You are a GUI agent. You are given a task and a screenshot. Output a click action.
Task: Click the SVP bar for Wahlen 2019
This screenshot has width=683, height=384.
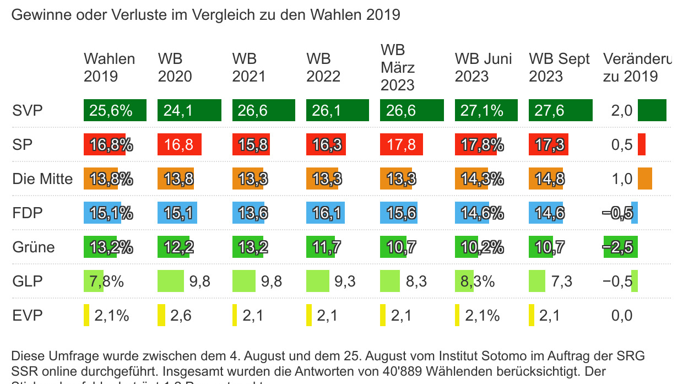click(x=115, y=110)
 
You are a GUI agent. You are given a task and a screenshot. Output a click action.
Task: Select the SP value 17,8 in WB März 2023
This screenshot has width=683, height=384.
click(x=401, y=144)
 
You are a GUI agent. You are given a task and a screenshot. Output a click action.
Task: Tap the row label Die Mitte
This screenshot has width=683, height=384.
click(x=42, y=179)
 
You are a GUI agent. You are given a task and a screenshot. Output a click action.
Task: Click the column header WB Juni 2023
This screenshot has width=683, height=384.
click(x=483, y=67)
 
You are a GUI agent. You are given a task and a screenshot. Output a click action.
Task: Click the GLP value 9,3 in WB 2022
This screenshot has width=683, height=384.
click(x=345, y=282)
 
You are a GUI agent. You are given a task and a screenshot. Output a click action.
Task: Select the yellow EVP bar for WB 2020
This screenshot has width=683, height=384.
click(x=161, y=315)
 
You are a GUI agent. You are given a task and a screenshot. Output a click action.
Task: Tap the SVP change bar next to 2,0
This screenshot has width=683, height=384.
click(x=652, y=110)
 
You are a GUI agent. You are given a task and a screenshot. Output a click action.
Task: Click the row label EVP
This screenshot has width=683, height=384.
click(x=27, y=316)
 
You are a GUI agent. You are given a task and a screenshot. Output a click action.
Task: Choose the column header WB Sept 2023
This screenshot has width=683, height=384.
click(x=559, y=67)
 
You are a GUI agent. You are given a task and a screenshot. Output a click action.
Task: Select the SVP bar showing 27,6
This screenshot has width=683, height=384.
click(x=560, y=110)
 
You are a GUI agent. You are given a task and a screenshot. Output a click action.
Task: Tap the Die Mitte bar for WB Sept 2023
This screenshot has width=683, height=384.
click(x=546, y=179)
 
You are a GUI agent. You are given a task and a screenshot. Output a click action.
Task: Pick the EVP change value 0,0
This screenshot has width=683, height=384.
click(x=621, y=316)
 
